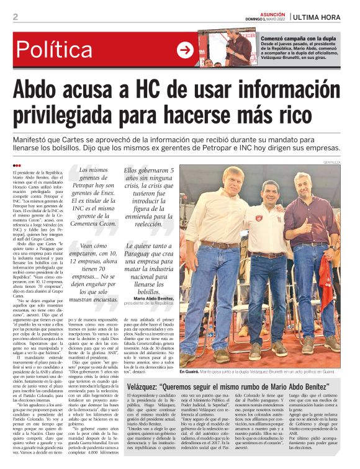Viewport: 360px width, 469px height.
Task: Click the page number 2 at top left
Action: [x=15, y=17]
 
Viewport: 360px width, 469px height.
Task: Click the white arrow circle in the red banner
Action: [x=185, y=50]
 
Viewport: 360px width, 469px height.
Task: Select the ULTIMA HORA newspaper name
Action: [x=321, y=17]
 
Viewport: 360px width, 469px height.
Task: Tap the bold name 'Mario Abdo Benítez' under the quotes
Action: [x=151, y=298]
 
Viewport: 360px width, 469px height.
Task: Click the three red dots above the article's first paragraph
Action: [x=17, y=165]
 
